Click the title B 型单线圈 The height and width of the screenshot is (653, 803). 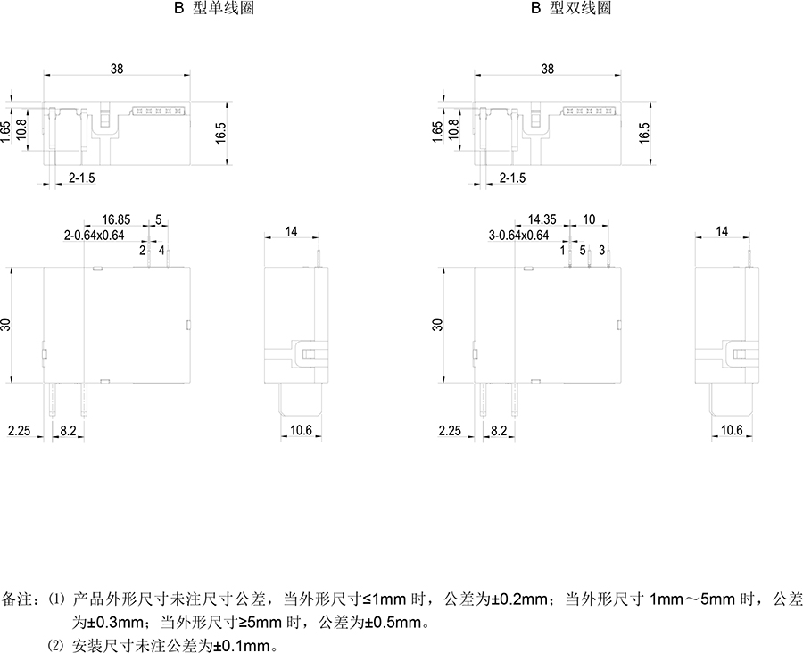pyautogui.click(x=214, y=8)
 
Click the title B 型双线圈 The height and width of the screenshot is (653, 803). pyautogui.click(x=571, y=8)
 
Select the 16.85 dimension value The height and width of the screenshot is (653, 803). pyautogui.click(x=116, y=219)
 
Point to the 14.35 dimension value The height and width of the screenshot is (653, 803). pyautogui.click(x=542, y=219)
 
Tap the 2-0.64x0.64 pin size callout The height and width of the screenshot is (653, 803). pyautogui.click(x=95, y=236)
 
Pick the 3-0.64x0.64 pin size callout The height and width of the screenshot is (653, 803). pyautogui.click(x=518, y=236)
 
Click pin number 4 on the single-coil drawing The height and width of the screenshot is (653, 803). pyautogui.click(x=161, y=251)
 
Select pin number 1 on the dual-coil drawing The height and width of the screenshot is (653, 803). pyautogui.click(x=563, y=251)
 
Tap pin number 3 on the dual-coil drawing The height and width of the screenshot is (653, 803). pyautogui.click(x=601, y=251)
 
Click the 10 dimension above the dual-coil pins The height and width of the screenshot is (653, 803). pyautogui.click(x=589, y=219)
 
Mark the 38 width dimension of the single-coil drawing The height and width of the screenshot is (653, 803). pyautogui.click(x=117, y=69)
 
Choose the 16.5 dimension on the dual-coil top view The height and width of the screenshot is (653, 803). pyautogui.click(x=643, y=133)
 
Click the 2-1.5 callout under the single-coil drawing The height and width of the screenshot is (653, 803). pyautogui.click(x=82, y=178)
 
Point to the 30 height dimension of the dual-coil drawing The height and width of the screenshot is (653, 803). pyautogui.click(x=437, y=325)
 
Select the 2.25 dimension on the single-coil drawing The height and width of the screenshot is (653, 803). pyautogui.click(x=19, y=431)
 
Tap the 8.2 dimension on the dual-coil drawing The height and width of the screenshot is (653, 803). pyautogui.click(x=499, y=431)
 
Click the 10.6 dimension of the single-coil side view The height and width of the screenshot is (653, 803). pyautogui.click(x=302, y=430)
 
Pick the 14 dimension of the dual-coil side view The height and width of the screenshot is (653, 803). pyautogui.click(x=722, y=232)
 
